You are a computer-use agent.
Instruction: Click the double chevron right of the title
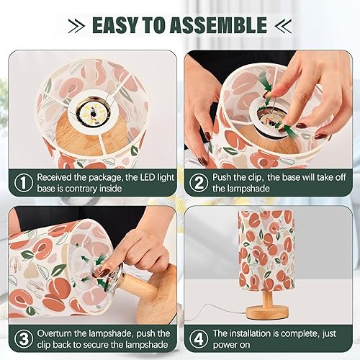282,27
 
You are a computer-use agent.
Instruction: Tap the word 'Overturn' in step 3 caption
58,333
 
